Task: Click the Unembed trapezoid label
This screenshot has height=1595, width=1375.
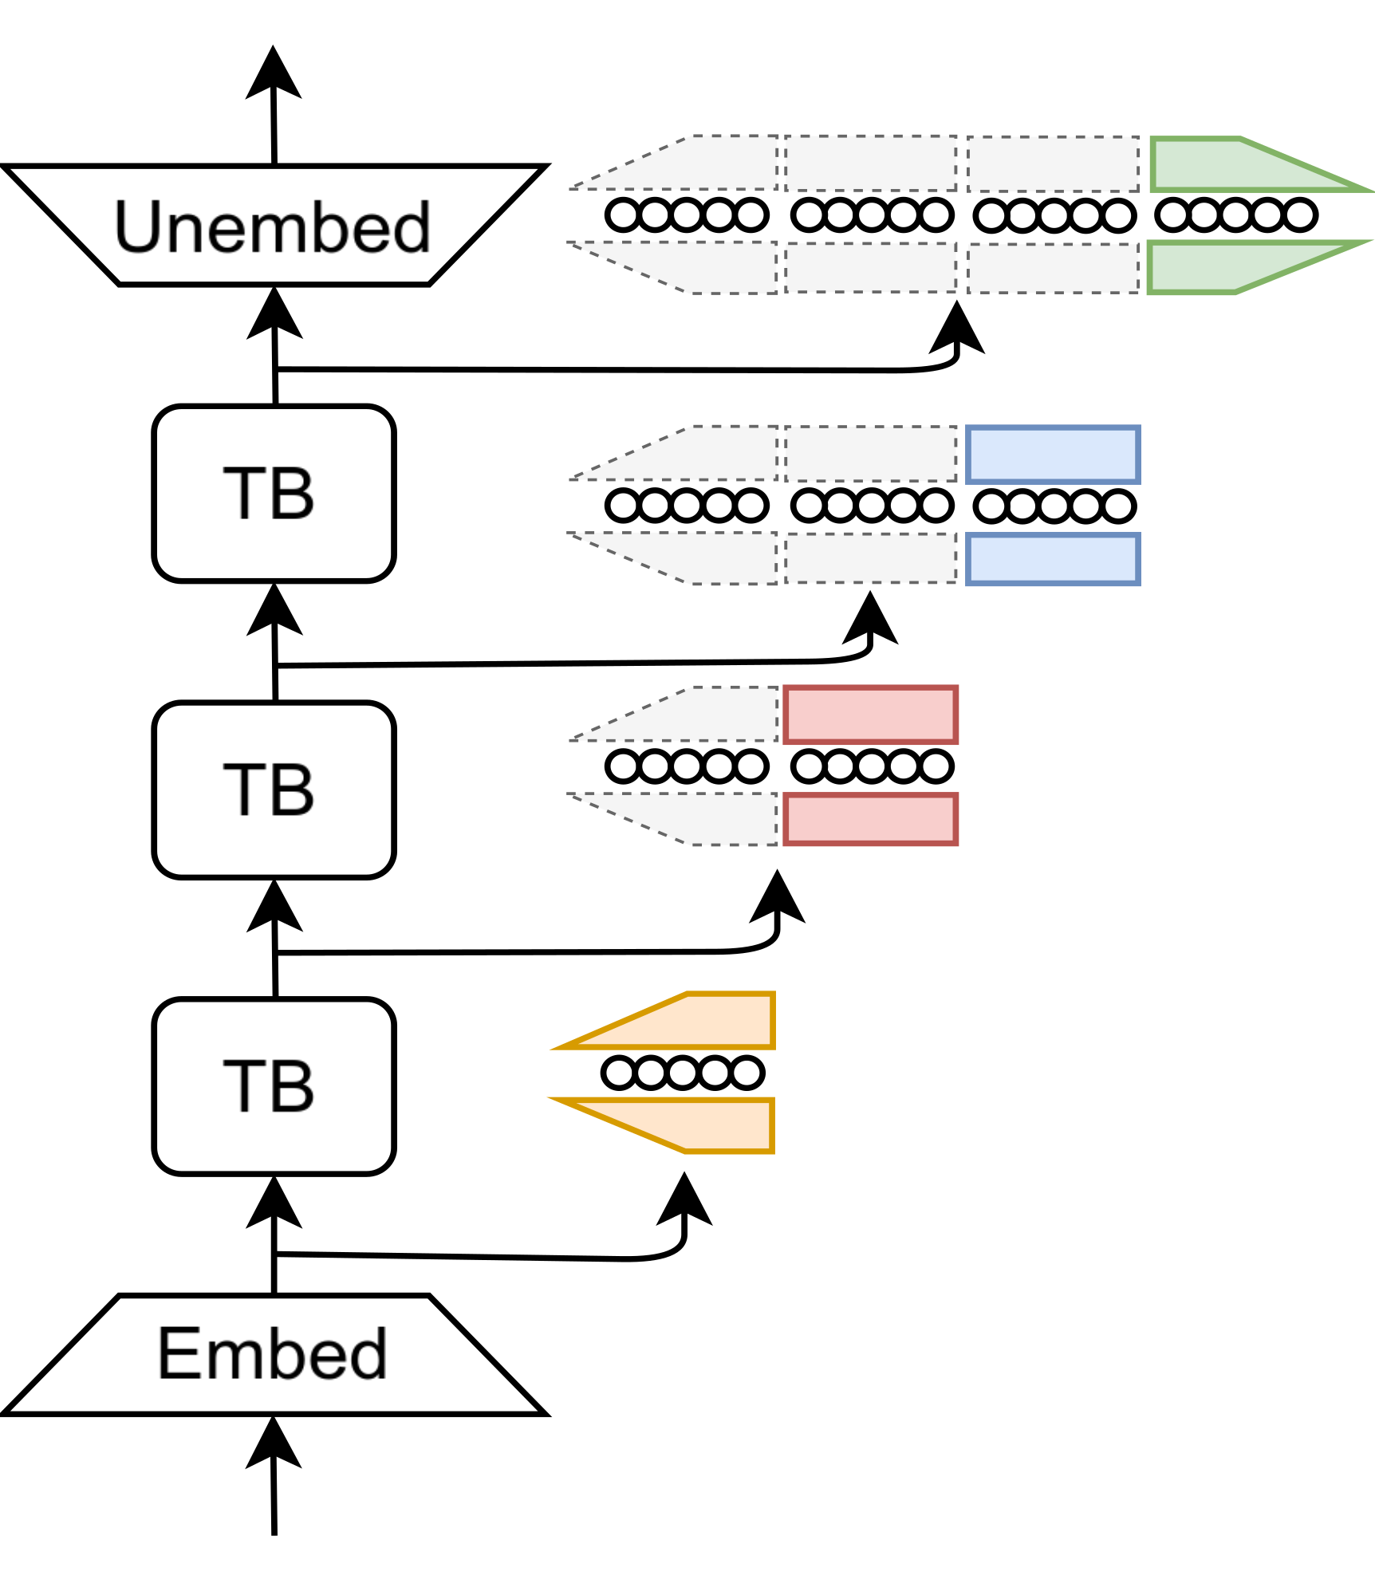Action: click(x=273, y=226)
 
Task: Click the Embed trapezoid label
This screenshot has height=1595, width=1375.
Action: click(x=273, y=1353)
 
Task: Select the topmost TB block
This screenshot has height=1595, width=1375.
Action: click(x=274, y=494)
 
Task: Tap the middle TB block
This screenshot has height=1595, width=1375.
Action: click(x=274, y=790)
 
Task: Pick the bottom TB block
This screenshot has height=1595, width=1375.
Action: click(x=274, y=1086)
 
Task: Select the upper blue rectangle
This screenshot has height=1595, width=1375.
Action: click(x=1053, y=455)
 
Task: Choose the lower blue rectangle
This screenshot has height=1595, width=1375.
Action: click(x=1053, y=560)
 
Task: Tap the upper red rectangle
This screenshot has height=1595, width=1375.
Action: click(x=870, y=715)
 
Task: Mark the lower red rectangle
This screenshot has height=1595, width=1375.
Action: click(x=870, y=819)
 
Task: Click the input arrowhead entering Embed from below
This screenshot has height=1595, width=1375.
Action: click(x=274, y=1445)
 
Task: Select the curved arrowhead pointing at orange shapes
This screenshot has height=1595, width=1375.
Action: click(x=684, y=1203)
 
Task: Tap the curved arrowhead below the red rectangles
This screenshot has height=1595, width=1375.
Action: click(x=778, y=900)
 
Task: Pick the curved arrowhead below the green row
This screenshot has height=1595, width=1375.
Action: click(x=957, y=331)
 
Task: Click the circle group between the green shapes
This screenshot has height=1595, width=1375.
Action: click(x=1235, y=215)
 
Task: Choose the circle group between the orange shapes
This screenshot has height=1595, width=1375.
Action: click(x=683, y=1072)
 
